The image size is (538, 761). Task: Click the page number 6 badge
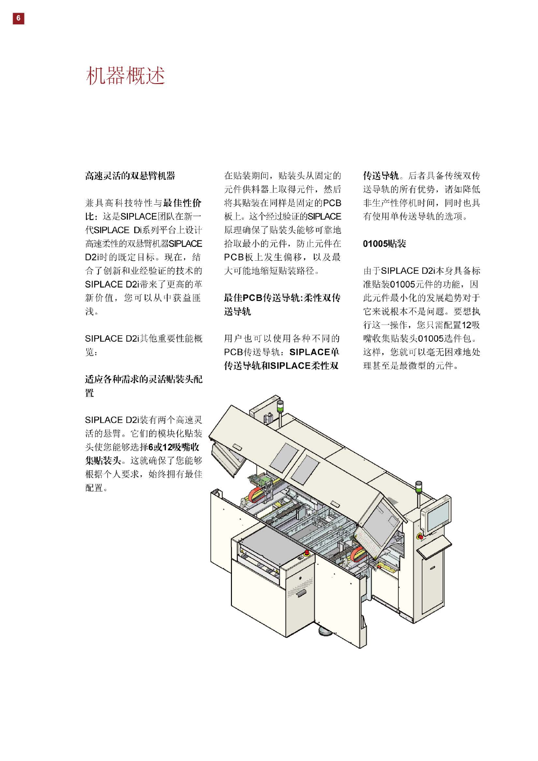18,18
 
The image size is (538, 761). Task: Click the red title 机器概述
125,75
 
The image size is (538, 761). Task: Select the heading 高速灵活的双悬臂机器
130,176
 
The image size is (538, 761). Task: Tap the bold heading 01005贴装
384,244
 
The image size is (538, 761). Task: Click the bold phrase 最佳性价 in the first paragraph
182,203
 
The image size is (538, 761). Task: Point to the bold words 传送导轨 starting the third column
381,176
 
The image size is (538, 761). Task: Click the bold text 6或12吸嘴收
174,447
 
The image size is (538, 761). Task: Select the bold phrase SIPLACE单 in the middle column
314,352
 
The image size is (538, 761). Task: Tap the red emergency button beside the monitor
420,536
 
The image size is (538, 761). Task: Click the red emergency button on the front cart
307,553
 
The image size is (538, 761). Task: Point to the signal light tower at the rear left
280,408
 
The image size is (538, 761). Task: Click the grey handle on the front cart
301,592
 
